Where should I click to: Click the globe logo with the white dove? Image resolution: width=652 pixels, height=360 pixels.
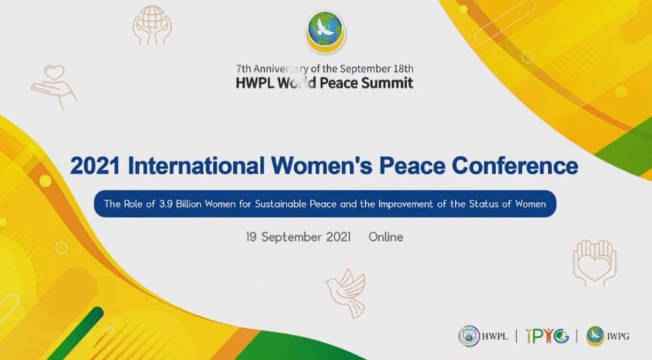tap(325, 30)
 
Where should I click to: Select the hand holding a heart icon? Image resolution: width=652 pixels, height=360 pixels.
tap(53, 86)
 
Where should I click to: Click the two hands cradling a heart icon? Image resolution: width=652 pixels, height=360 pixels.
tap(594, 263)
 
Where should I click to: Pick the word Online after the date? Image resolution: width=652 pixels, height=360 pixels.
tap(386, 237)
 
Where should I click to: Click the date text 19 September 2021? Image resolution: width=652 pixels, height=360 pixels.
tap(298, 237)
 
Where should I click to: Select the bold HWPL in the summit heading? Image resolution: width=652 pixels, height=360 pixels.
tap(254, 83)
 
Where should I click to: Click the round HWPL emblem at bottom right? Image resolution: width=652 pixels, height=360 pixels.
tap(468, 336)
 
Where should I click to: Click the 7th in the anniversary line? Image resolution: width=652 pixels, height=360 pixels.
tap(243, 69)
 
